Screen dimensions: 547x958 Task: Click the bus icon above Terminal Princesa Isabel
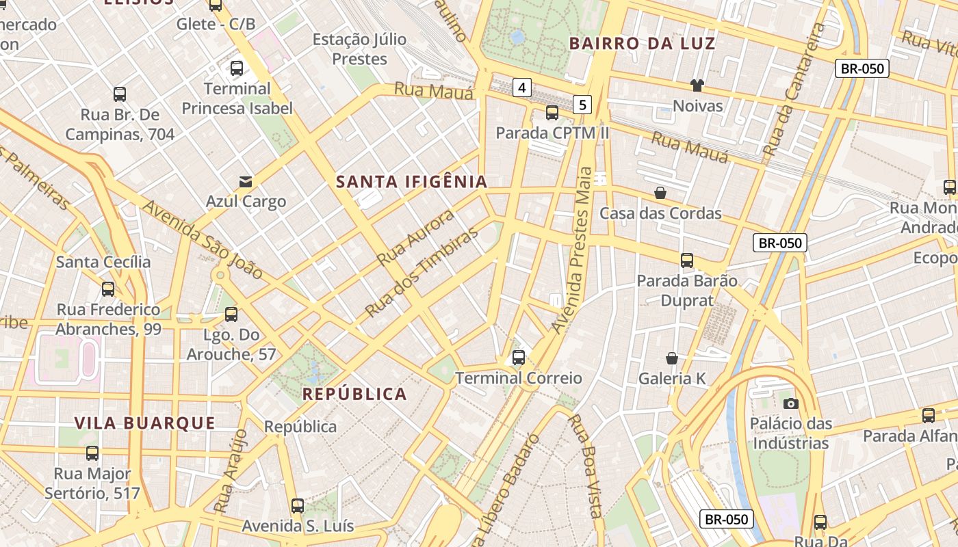pyautogui.click(x=237, y=68)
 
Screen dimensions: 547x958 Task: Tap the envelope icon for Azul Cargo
pyautogui.click(x=245, y=181)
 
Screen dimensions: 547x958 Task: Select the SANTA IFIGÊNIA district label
pyautogui.click(x=412, y=182)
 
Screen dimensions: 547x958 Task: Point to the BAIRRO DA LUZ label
pyautogui.click(x=642, y=44)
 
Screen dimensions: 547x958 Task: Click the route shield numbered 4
pyautogui.click(x=522, y=88)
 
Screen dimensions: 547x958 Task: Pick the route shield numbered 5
pyautogui.click(x=582, y=105)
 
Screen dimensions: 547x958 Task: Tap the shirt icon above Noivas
pyautogui.click(x=697, y=85)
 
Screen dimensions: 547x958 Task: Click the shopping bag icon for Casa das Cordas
pyautogui.click(x=660, y=193)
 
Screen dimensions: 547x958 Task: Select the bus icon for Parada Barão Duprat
pyautogui.click(x=687, y=261)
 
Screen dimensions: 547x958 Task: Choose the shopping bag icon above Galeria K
pyautogui.click(x=672, y=358)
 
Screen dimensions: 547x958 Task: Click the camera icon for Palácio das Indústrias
pyautogui.click(x=790, y=403)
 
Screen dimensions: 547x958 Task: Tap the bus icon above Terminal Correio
pyautogui.click(x=519, y=357)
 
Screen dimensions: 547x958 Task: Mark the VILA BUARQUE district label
pyautogui.click(x=145, y=423)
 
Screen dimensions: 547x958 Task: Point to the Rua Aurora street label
pyautogui.click(x=416, y=237)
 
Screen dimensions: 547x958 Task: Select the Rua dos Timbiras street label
pyautogui.click(x=422, y=272)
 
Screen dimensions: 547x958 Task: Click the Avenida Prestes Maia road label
pyautogui.click(x=573, y=250)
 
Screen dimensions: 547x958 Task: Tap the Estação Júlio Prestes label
pyautogui.click(x=359, y=49)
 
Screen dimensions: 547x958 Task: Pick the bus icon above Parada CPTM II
pyautogui.click(x=552, y=113)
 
